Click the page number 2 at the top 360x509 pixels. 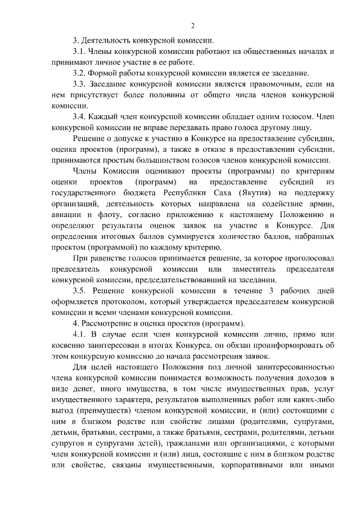193,25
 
